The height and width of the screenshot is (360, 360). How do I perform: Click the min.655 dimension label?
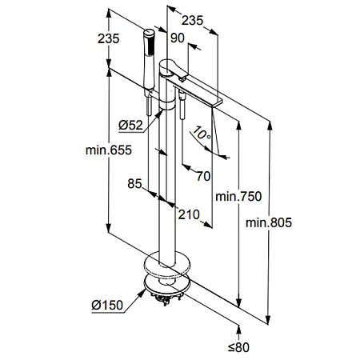tap(109, 150)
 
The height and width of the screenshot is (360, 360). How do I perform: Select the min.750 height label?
tap(238, 197)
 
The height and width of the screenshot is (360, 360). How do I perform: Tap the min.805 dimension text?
tap(269, 222)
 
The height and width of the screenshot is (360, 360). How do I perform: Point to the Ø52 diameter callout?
tap(130, 125)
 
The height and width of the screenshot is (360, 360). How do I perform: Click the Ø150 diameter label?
tap(107, 305)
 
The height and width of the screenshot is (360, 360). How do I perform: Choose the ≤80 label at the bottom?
tap(238, 347)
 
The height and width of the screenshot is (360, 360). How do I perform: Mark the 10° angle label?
tap(202, 133)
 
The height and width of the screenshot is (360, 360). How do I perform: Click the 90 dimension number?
tap(178, 38)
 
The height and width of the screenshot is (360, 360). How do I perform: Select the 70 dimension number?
tap(203, 176)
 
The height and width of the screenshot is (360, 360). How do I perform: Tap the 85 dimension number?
tap(134, 184)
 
